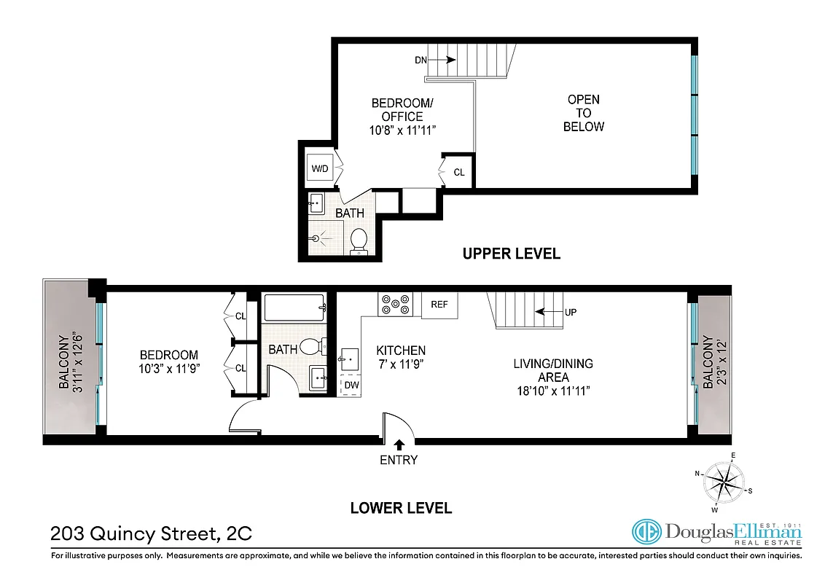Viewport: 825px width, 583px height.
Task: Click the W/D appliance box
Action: pyautogui.click(x=320, y=169)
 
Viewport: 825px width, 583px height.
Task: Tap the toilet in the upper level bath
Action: pyautogui.click(x=359, y=240)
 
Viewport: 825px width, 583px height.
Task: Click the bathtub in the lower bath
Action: pyautogui.click(x=294, y=308)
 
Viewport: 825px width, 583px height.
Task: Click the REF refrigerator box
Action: pyautogui.click(x=439, y=305)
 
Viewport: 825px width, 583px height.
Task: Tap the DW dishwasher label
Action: pyautogui.click(x=351, y=385)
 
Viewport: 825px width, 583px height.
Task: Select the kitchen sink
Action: pyautogui.click(x=350, y=358)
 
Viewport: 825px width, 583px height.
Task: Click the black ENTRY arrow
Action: pyautogui.click(x=399, y=445)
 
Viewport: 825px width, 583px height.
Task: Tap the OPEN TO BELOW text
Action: pyautogui.click(x=584, y=113)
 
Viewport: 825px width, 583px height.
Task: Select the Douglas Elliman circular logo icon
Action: pyautogui.click(x=646, y=533)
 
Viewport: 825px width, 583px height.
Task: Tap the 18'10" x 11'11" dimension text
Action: pyautogui.click(x=553, y=391)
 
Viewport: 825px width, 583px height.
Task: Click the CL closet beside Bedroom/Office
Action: pyautogui.click(x=458, y=173)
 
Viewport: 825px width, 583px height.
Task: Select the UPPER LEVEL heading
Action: pyautogui.click(x=512, y=254)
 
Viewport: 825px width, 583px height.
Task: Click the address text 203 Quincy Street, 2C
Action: pyautogui.click(x=151, y=533)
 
